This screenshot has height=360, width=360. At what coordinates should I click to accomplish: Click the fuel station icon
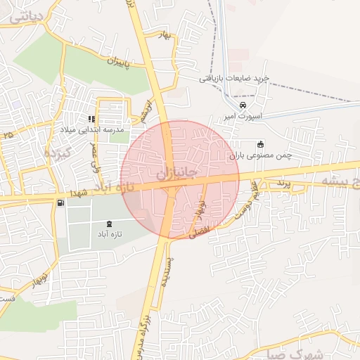click(60, 204)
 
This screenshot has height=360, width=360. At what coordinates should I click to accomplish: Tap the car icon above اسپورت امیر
click(243, 106)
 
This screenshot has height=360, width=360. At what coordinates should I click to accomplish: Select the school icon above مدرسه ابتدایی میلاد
click(91, 119)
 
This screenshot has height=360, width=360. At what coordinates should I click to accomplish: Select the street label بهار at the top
click(166, 36)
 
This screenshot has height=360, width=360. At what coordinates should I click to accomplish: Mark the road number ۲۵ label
click(8, 133)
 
